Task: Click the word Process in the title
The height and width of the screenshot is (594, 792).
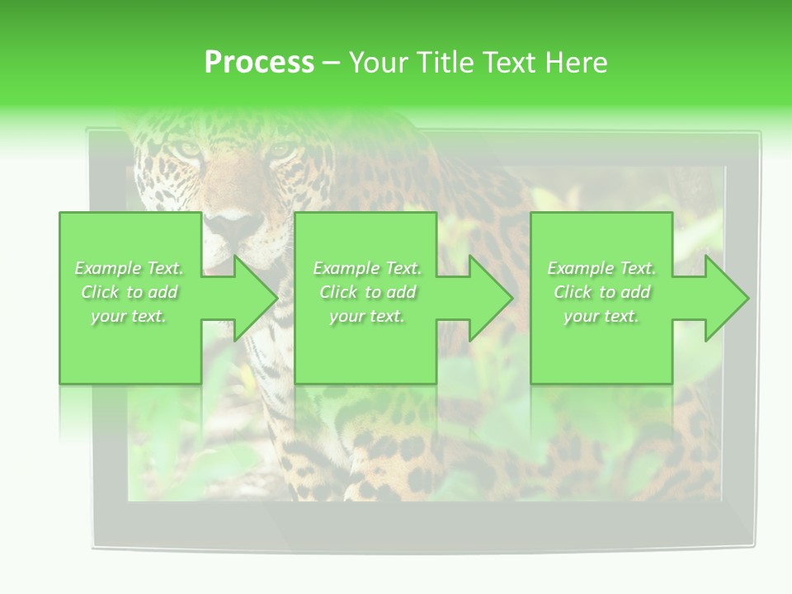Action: (259, 63)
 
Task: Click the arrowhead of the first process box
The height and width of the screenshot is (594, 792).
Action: (255, 298)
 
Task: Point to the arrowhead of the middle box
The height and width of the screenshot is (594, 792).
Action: (491, 298)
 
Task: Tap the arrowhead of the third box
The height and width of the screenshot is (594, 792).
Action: (727, 298)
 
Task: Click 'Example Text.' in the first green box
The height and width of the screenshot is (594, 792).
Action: (130, 268)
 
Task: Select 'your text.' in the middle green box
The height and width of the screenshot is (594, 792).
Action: (367, 316)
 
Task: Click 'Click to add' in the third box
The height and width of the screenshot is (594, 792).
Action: (602, 292)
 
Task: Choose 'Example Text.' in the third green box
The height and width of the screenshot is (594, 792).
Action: (601, 268)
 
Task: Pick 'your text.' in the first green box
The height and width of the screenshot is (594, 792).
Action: (130, 316)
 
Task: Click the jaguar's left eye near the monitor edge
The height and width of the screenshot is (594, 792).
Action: (188, 149)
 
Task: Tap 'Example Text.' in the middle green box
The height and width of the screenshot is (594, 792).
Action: (367, 268)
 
